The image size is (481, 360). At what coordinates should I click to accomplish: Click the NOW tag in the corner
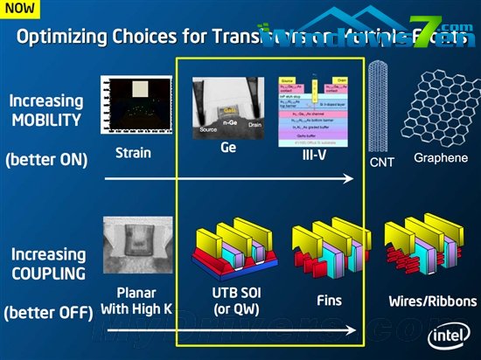click(20, 8)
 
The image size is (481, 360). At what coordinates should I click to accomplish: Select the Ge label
click(228, 149)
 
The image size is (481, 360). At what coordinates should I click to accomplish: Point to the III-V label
click(315, 154)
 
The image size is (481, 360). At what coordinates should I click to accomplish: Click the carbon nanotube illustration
click(380, 105)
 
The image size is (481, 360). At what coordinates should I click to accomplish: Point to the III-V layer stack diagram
click(315, 110)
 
